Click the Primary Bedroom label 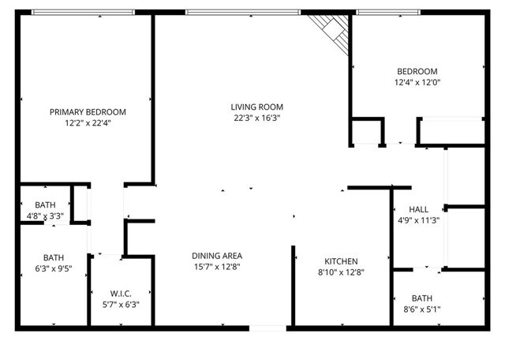pos(88,112)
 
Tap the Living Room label pos(256,107)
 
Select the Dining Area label pos(217,256)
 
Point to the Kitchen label pos(342,261)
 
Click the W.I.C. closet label pos(121,293)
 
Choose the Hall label pos(419,209)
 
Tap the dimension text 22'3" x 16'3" pos(256,118)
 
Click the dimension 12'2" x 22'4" pos(88,123)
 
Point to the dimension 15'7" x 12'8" pos(217,267)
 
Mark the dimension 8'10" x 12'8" pos(342,272)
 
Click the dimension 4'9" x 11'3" pos(419,220)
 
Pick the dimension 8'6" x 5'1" pos(421,309)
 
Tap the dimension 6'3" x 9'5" pos(54,268)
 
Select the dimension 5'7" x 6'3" pos(121,304)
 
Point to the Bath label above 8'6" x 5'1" pos(421,298)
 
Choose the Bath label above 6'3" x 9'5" pos(54,257)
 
